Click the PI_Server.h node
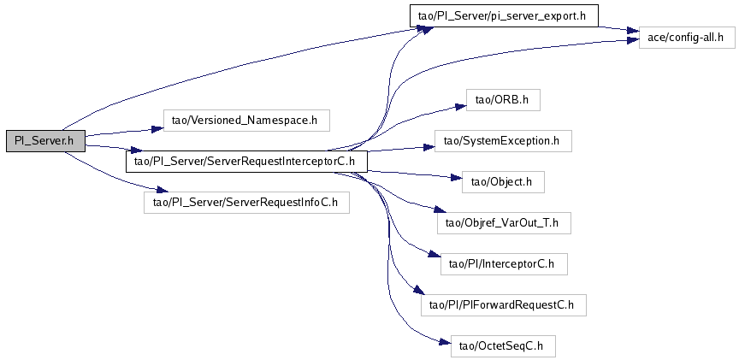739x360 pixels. coord(45,141)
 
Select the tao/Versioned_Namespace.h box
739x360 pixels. coord(245,121)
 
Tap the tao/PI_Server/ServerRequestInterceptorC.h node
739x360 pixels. coord(246,162)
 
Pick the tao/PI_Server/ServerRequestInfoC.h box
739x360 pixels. coord(246,203)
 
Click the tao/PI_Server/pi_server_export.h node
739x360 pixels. coord(504,15)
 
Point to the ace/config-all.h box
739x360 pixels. coord(687,38)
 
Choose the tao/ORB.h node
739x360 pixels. coord(503,100)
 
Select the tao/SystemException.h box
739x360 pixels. coord(503,141)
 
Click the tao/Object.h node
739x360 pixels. coord(503,182)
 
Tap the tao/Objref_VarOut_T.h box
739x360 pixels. coord(504,223)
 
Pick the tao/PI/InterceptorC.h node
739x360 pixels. coord(504,264)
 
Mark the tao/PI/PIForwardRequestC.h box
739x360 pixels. coord(504,305)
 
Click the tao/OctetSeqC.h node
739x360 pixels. coord(503,345)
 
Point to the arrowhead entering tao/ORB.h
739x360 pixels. coord(461,106)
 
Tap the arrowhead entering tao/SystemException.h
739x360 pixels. coord(429,147)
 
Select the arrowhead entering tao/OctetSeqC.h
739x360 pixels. coord(446,343)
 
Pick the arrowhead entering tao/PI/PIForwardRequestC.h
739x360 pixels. coord(417,292)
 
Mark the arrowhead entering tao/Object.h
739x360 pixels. coord(457,178)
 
